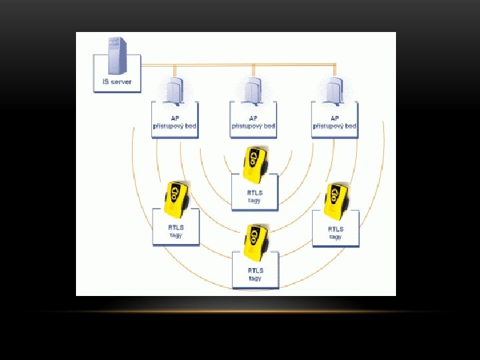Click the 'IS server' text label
pos(117,83)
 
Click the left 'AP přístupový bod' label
pos(174,122)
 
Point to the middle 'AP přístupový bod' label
pos(253,122)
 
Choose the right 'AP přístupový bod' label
pos(334,122)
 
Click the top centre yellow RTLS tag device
pos(255,162)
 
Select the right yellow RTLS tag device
pos(335,200)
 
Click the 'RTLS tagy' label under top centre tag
pos(254,197)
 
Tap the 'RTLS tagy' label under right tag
pos(335,233)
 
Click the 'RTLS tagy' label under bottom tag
pos(255,274)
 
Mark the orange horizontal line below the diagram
pos(240,311)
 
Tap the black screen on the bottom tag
pos(254,236)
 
